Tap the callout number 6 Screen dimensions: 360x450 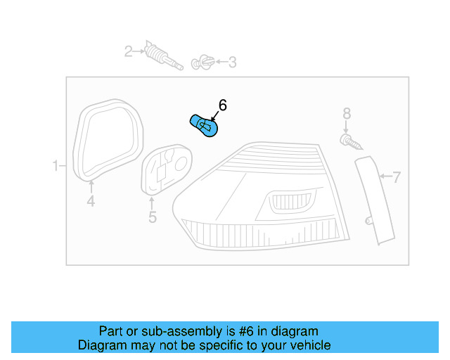222,105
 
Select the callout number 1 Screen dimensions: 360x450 56,166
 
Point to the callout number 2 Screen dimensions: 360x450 129,51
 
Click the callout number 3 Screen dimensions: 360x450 231,63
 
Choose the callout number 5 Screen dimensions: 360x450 153,217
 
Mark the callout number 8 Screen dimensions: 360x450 346,113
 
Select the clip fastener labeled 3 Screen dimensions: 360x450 202,62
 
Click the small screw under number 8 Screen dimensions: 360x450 351,143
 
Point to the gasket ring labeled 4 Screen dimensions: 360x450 108,141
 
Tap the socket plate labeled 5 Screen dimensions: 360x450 167,169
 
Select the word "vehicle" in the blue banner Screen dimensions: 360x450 309,345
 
